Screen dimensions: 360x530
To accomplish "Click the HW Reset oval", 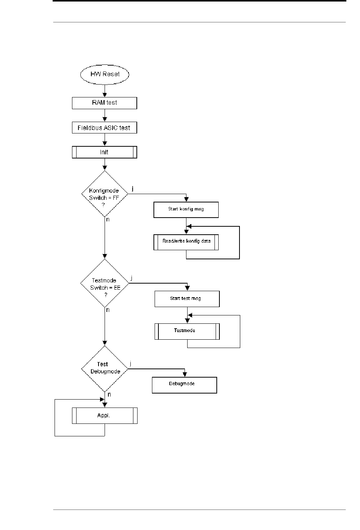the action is (105, 74).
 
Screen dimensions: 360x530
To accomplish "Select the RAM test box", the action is (105, 103).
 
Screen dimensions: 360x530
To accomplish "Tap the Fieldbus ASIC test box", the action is (105, 127).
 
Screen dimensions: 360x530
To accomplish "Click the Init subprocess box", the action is (105, 152).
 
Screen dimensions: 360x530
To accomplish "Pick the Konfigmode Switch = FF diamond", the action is (105, 194).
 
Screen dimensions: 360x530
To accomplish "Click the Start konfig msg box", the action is (186, 210).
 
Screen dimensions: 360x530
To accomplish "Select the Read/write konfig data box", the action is (186, 242).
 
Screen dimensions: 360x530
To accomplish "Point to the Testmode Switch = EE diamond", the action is (105, 283).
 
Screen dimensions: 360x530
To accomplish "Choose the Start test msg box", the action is (187, 299).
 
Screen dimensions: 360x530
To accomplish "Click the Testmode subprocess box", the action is (187, 331).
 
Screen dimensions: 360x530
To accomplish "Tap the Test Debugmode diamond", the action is (105, 368).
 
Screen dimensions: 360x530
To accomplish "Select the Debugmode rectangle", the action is (185, 385).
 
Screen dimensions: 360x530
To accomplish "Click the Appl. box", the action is (105, 416).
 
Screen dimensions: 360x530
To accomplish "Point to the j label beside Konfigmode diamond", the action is (133, 188).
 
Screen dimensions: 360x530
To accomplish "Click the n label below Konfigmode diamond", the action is (108, 220).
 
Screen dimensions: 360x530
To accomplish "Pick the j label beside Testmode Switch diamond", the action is (131, 278).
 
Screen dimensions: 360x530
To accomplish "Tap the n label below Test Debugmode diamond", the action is (109, 394).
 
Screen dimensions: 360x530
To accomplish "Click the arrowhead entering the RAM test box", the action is (105, 95).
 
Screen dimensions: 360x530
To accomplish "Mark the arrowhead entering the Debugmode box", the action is (185, 375).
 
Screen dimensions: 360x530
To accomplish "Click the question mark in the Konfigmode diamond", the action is (103, 205).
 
